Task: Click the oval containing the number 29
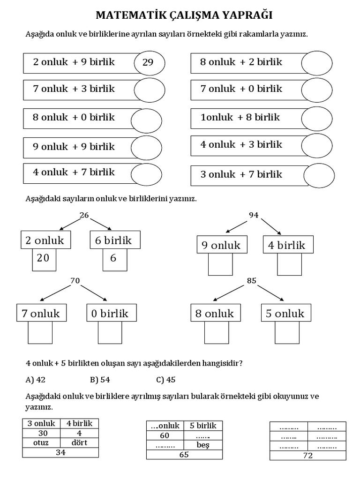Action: (149, 63)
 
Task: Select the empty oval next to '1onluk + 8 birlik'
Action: (316, 118)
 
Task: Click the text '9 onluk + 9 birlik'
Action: (74, 147)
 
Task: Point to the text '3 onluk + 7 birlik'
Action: (241, 174)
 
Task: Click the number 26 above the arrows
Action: (84, 215)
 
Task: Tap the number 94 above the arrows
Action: (254, 215)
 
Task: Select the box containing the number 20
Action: (44, 259)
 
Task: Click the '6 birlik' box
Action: (114, 240)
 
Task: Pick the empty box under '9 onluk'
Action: (220, 263)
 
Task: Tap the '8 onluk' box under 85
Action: (215, 314)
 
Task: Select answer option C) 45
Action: (167, 380)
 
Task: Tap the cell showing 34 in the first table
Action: (60, 452)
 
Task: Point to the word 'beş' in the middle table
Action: (203, 445)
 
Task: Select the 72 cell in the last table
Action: (307, 455)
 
